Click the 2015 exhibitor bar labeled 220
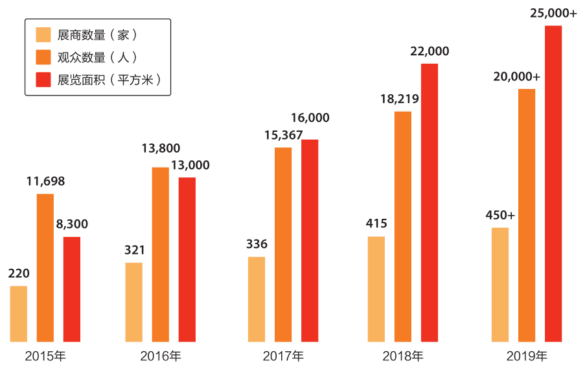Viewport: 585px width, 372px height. (19, 314)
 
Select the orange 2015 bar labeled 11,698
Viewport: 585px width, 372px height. (45, 267)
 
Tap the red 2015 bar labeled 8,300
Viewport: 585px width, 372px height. (72, 289)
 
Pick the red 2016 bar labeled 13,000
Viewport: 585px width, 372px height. (187, 259)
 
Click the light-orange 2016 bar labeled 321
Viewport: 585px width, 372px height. (134, 302)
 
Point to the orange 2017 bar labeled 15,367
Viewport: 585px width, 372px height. (283, 244)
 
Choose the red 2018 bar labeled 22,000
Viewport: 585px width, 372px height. (430, 202)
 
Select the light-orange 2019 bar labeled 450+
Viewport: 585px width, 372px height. (500, 284)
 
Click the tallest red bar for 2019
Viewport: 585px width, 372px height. (553, 183)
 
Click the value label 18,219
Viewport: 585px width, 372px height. (400, 99)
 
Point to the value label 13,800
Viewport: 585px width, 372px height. (161, 149)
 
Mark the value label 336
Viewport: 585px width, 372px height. (257, 244)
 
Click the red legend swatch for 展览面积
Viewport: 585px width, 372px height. (43, 80)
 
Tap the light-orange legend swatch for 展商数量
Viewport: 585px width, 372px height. (43, 34)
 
